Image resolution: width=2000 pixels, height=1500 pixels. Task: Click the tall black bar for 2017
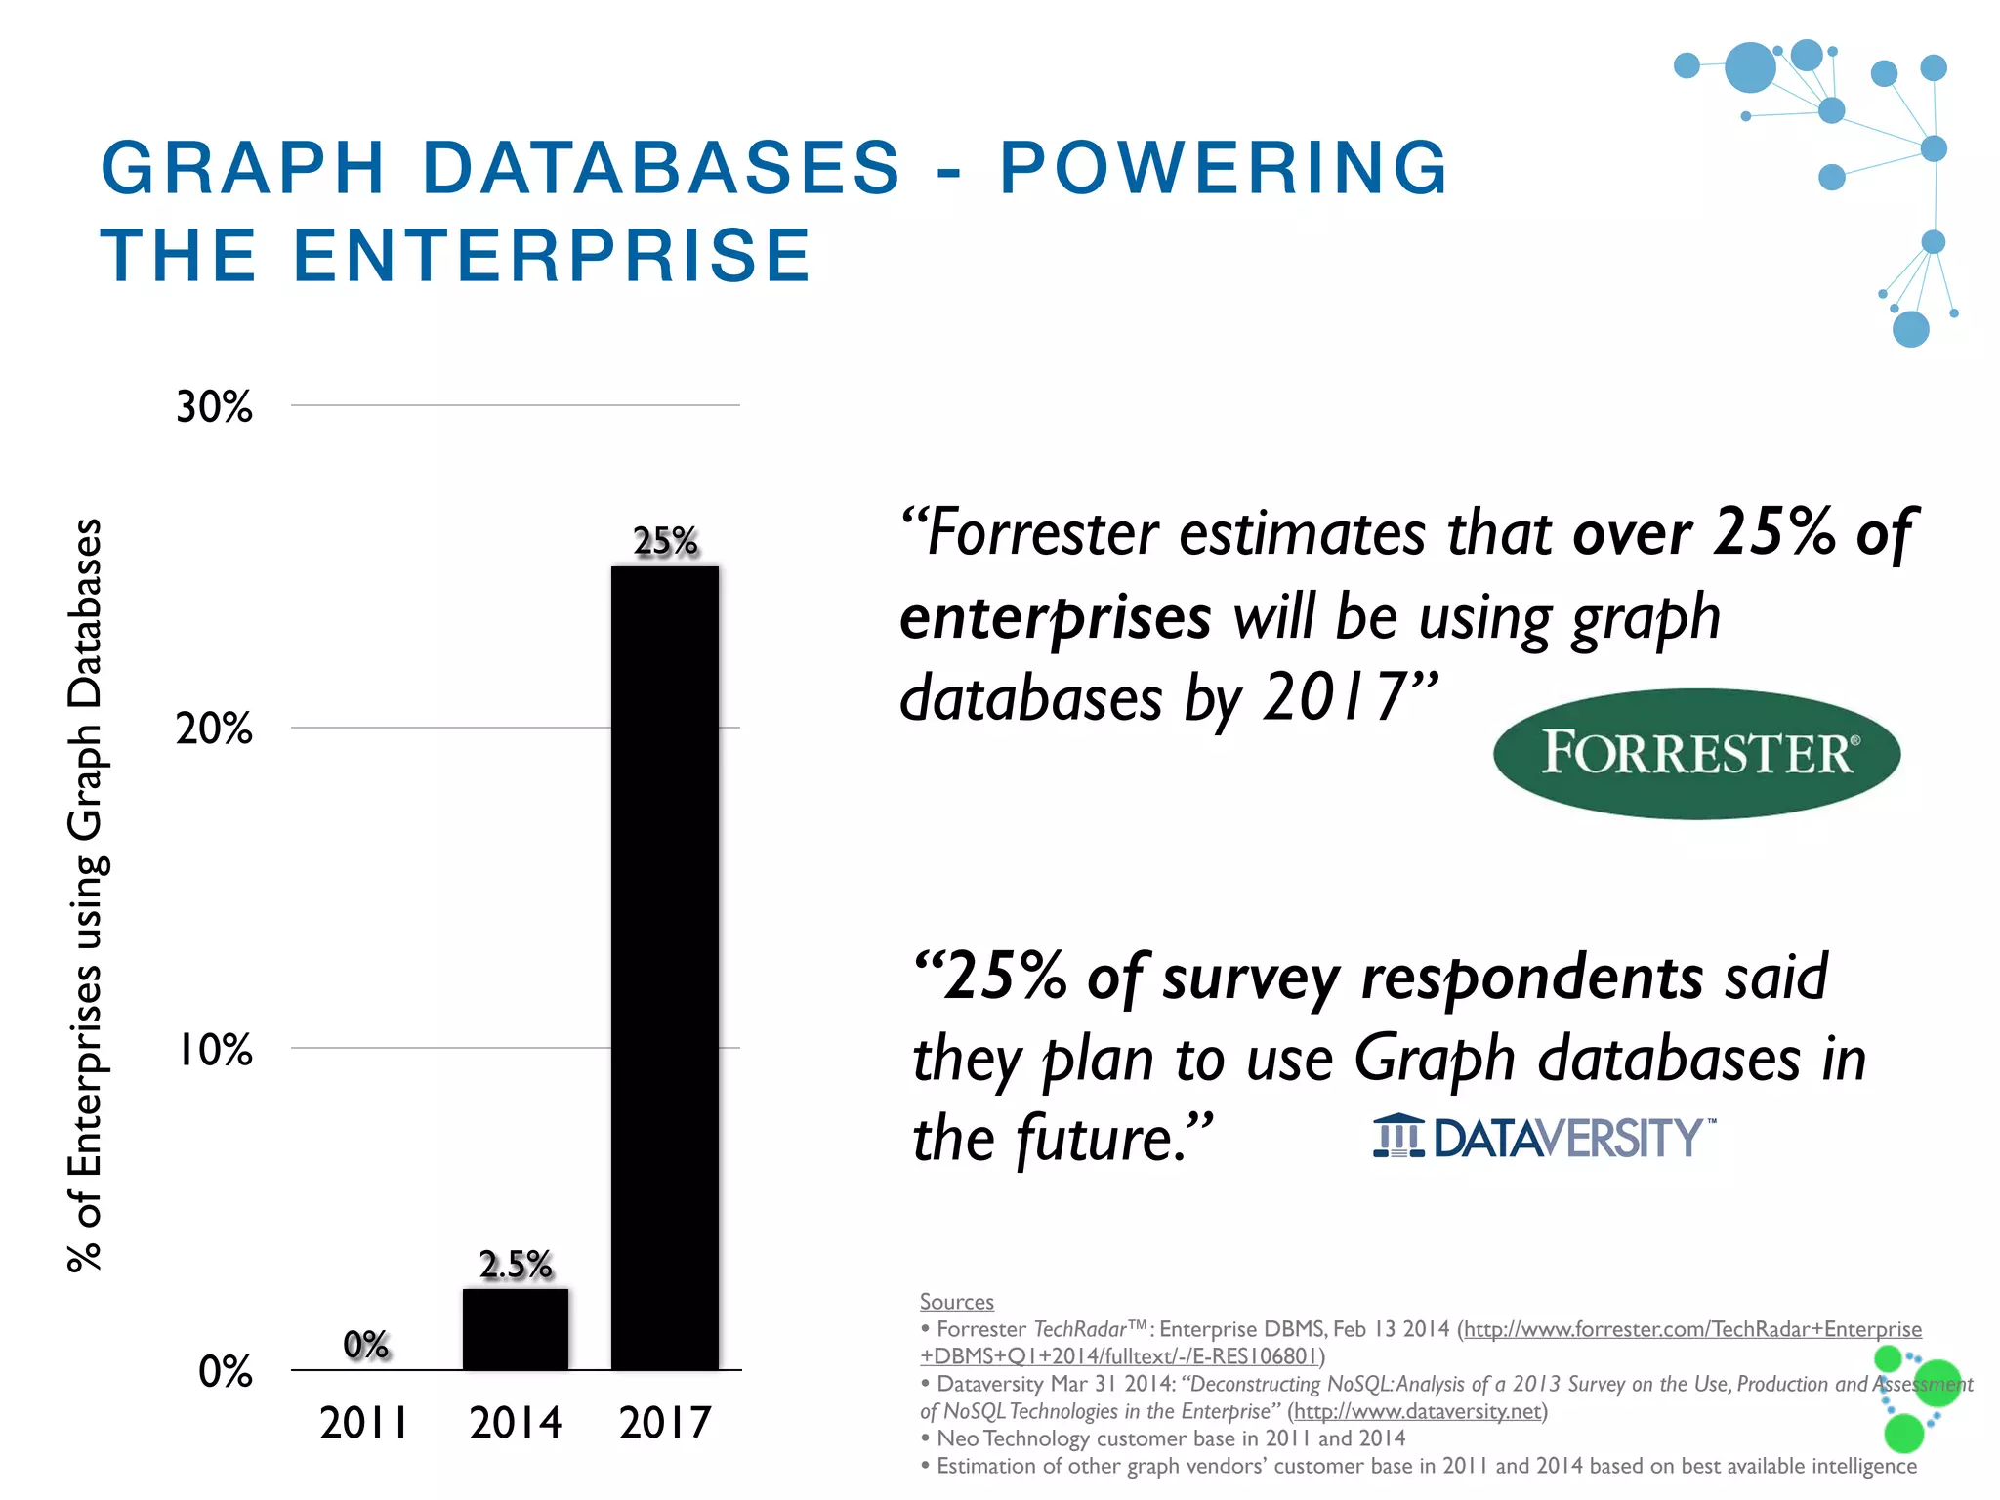pyautogui.click(x=665, y=967)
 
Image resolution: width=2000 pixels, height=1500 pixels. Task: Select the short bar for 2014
pyautogui.click(x=516, y=1329)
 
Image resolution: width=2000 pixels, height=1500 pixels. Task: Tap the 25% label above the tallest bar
pyautogui.click(x=665, y=541)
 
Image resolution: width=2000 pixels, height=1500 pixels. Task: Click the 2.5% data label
pyautogui.click(x=516, y=1265)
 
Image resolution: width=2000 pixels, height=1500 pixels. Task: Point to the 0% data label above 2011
pyautogui.click(x=366, y=1345)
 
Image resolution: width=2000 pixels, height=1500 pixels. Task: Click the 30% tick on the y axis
pyautogui.click(x=214, y=406)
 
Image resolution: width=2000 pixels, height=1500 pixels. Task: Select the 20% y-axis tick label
pyautogui.click(x=214, y=729)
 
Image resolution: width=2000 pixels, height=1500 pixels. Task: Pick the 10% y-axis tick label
pyautogui.click(x=215, y=1050)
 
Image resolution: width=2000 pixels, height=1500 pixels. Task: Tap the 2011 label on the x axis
pyautogui.click(x=364, y=1423)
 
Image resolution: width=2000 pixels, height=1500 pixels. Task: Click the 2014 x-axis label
pyautogui.click(x=516, y=1423)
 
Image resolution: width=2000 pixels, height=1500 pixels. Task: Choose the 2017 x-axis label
pyautogui.click(x=665, y=1423)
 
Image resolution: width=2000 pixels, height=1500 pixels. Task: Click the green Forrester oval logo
pyautogui.click(x=1696, y=754)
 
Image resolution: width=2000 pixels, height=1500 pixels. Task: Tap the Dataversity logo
pyautogui.click(x=1543, y=1138)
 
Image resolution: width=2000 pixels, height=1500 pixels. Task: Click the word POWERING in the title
pyautogui.click(x=1224, y=168)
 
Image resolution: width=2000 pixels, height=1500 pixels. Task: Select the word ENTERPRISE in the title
pyautogui.click(x=552, y=256)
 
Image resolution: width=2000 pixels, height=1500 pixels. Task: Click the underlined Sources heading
pyautogui.click(x=956, y=1302)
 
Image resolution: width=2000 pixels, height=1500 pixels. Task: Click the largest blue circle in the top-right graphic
pyautogui.click(x=1750, y=67)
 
